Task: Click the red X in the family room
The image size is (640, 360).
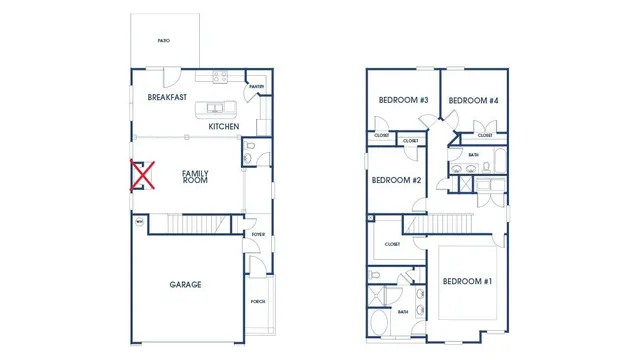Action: tap(142, 176)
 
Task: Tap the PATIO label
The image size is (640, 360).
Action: tap(163, 41)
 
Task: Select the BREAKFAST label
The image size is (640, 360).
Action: tap(167, 98)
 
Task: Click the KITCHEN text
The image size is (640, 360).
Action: tap(223, 127)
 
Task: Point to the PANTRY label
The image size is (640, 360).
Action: tap(256, 87)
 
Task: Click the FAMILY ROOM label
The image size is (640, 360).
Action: tap(195, 177)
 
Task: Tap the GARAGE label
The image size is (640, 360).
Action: tap(185, 285)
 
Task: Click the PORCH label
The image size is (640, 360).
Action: tap(258, 301)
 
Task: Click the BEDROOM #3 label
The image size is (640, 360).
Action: tap(403, 101)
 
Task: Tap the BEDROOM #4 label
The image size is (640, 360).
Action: tap(473, 101)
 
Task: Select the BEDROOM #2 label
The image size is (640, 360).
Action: tap(396, 181)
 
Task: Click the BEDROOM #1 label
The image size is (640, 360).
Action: tap(467, 282)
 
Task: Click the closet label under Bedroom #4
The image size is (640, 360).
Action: tap(485, 135)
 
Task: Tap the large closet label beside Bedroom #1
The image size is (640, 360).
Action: tap(392, 244)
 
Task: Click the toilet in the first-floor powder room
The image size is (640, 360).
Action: tap(251, 154)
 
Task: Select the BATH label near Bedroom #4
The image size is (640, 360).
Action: tap(473, 155)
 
